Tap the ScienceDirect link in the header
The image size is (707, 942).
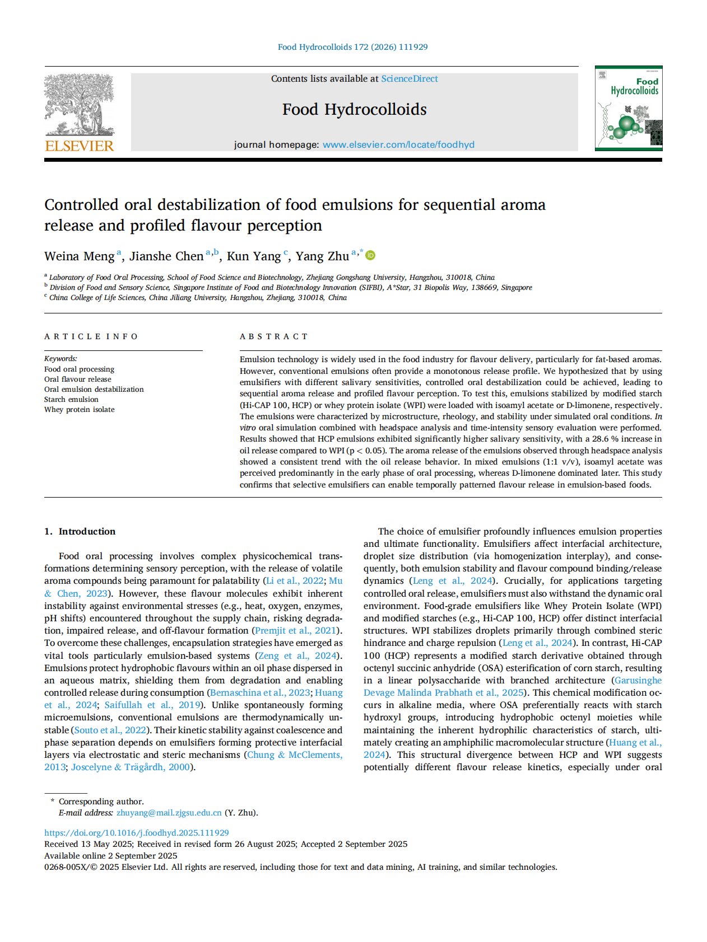point(409,79)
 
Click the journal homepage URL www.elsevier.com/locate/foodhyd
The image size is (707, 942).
point(398,144)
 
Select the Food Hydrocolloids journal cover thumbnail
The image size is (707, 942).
point(628,109)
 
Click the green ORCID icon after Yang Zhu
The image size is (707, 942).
point(370,256)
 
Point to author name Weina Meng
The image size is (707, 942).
point(79,256)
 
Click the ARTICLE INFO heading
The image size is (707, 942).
point(91,336)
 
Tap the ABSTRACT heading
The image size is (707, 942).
point(273,336)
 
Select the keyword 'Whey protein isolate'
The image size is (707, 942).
point(80,410)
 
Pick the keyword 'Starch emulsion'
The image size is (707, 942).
point(71,400)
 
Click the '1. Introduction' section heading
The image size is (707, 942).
point(80,531)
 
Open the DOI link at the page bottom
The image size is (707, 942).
point(136,833)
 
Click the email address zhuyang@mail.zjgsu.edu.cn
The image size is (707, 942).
point(169,813)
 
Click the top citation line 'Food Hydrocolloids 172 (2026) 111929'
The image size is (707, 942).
point(352,47)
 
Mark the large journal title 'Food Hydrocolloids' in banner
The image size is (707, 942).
point(354,109)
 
